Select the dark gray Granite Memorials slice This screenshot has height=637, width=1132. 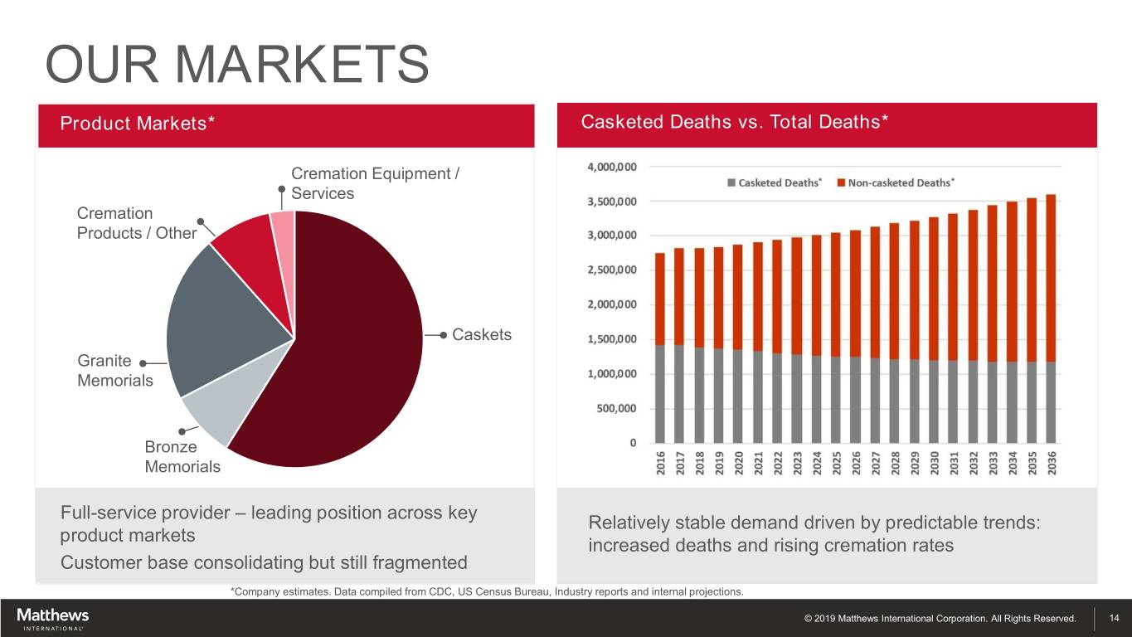pos(224,315)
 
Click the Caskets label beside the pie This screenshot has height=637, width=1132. pos(482,334)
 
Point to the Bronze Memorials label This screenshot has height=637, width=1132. pos(182,457)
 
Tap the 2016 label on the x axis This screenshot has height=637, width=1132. pos(661,464)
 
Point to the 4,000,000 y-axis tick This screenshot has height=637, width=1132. pos(612,167)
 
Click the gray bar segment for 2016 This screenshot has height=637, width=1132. pos(661,394)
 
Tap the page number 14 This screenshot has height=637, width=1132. pos(1114,618)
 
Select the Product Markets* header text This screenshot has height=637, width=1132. pos(138,124)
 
